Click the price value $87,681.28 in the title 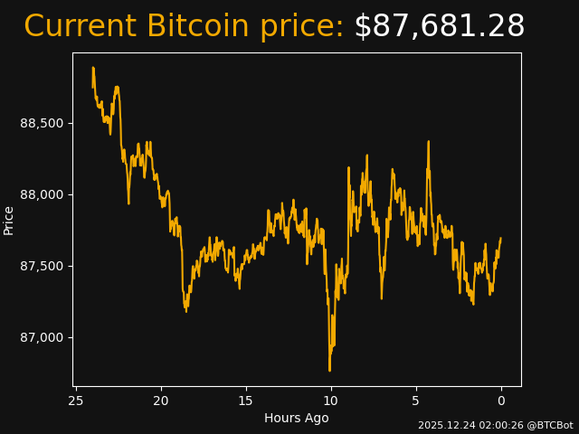(x=439, y=27)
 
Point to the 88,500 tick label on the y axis (x=42, y=123)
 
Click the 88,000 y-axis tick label (x=42, y=194)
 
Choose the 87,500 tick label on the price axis (x=42, y=266)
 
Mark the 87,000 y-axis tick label (x=42, y=337)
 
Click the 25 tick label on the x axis (x=76, y=401)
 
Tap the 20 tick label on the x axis (x=161, y=401)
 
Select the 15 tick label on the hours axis (x=246, y=401)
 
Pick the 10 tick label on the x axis (x=331, y=401)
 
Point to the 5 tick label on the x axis (x=416, y=401)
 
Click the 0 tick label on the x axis (x=501, y=401)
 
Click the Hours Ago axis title (x=296, y=418)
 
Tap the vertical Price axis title (x=9, y=220)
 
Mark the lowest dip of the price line (x=329, y=370)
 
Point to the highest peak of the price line (x=93, y=68)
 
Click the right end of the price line (x=500, y=239)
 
